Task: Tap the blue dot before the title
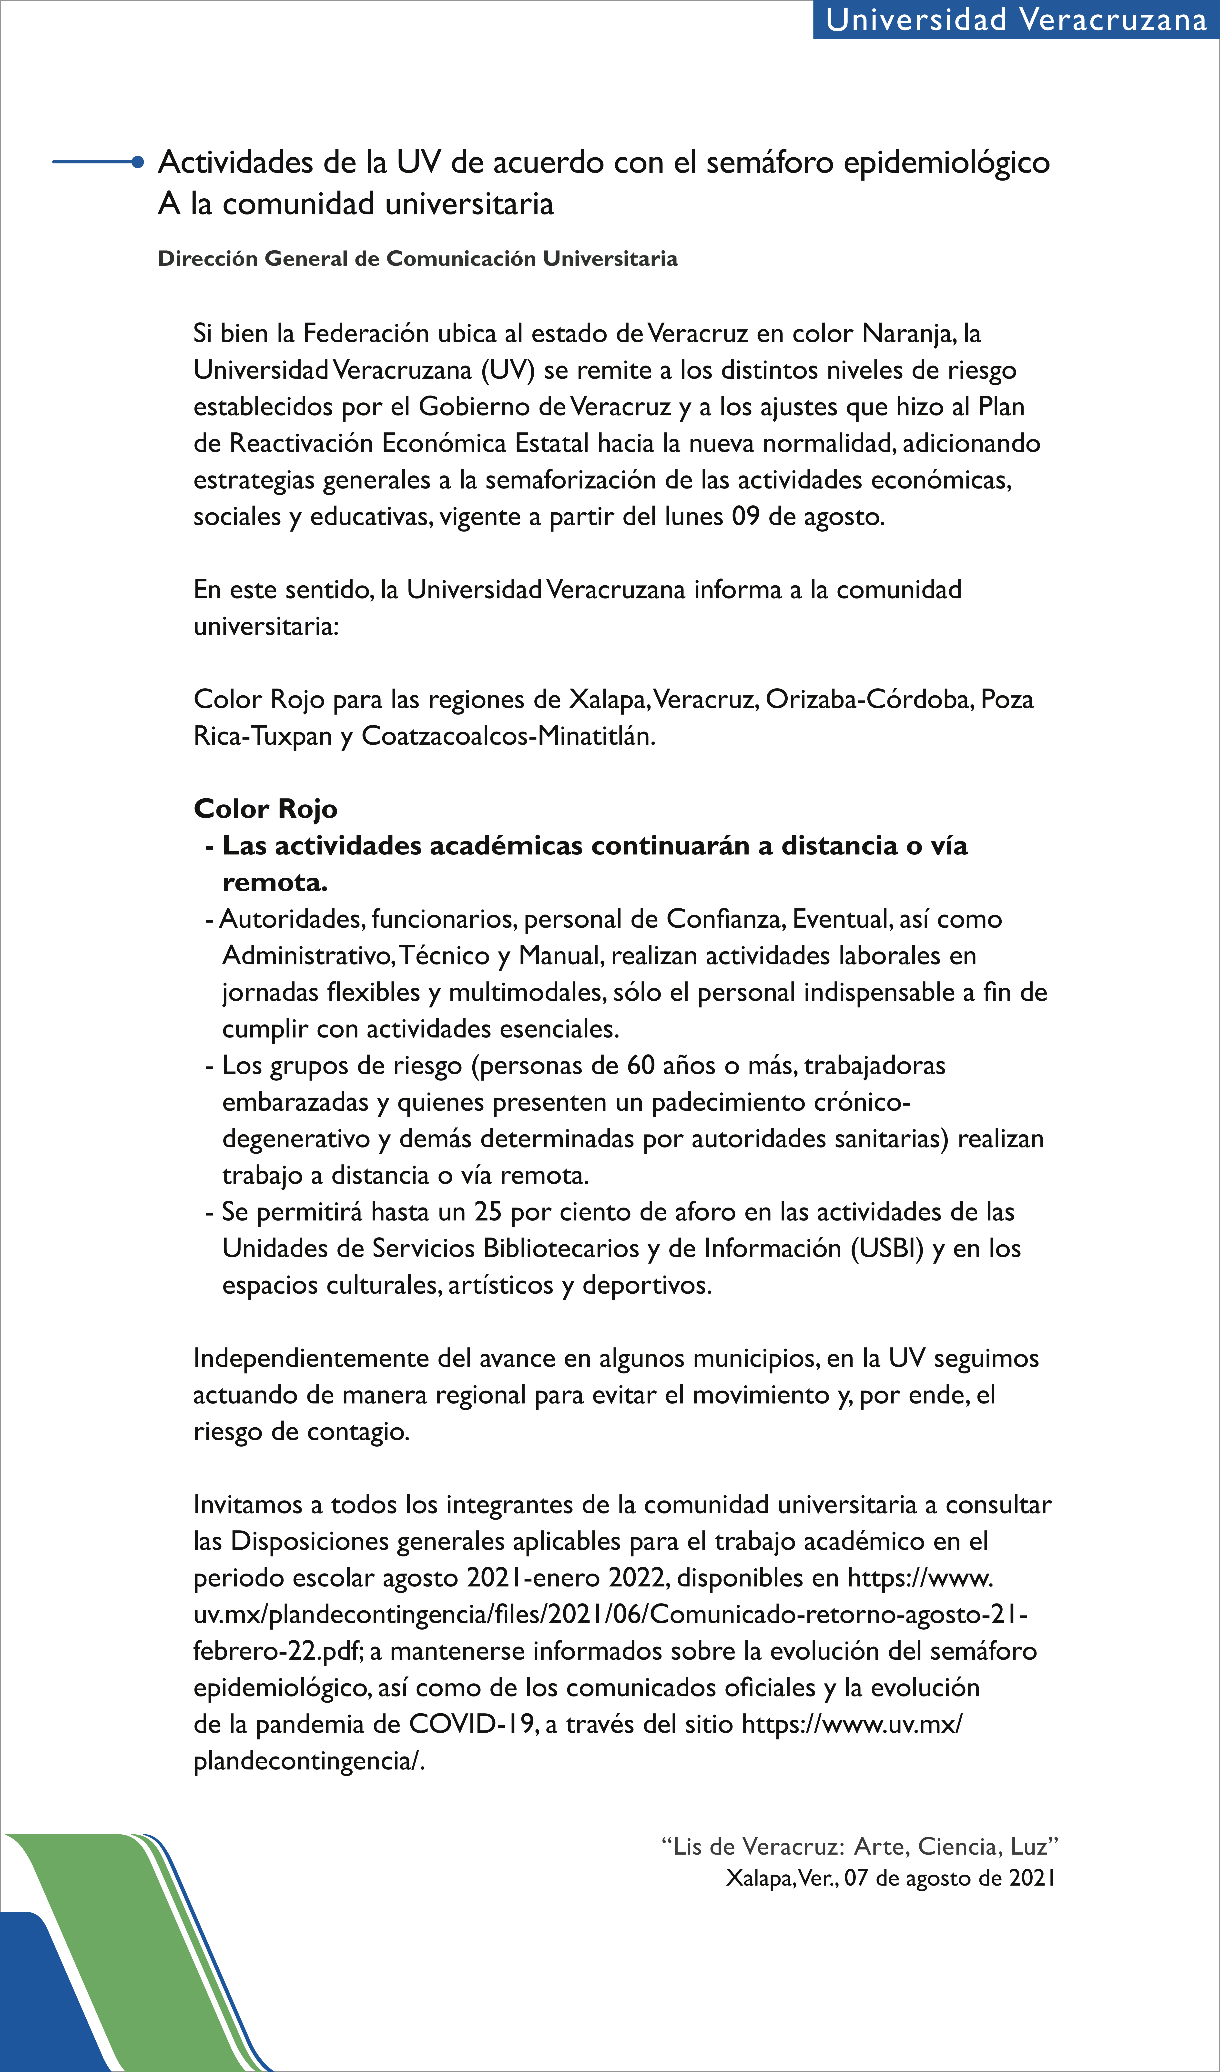click(138, 162)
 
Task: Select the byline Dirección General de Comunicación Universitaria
click(418, 259)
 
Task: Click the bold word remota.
click(274, 882)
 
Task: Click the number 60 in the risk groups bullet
click(641, 1066)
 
